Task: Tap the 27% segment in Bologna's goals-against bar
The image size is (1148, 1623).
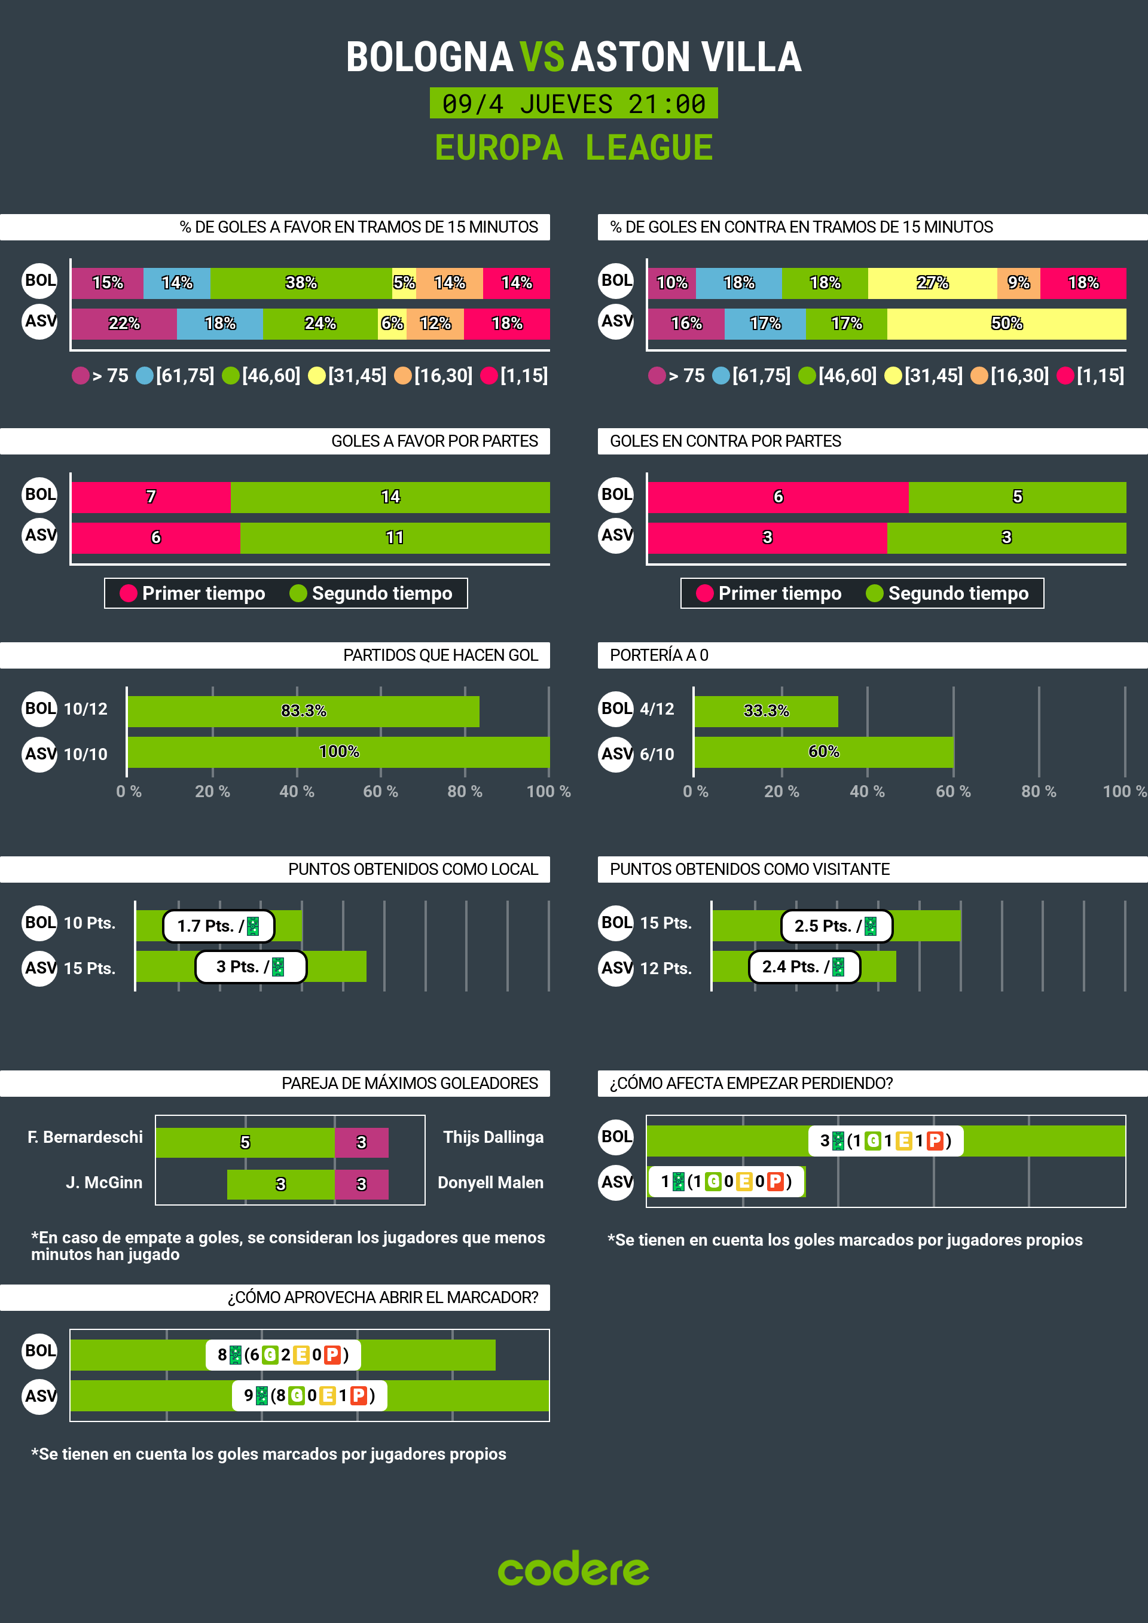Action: [932, 283]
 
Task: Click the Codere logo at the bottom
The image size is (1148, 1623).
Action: [573, 1569]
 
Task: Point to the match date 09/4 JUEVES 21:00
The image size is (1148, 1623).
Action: [573, 104]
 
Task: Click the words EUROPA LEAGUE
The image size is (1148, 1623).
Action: [573, 148]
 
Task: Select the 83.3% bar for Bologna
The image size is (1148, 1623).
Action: [303, 711]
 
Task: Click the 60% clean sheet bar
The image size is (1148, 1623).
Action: [823, 752]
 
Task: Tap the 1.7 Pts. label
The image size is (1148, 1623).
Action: [218, 926]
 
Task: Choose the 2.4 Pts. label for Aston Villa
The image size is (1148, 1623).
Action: [803, 967]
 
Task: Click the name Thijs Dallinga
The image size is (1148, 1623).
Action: [493, 1137]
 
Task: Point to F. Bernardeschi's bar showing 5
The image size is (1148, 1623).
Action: [245, 1142]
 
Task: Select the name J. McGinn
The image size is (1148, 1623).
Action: [104, 1183]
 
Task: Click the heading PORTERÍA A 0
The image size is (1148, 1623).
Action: [659, 655]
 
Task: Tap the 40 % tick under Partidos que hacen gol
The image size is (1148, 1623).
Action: [296, 792]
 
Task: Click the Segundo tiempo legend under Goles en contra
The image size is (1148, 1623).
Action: [947, 594]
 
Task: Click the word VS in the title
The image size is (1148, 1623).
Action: [542, 57]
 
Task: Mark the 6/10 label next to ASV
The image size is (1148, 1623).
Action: [657, 754]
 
